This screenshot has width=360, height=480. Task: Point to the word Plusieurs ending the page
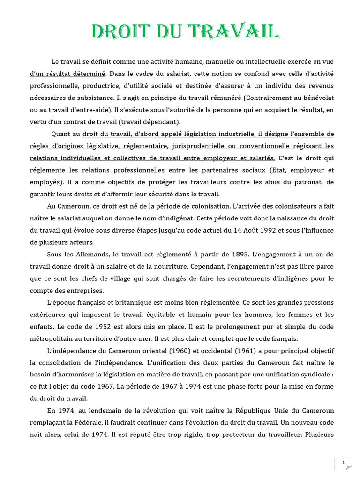pyautogui.click(x=319, y=435)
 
